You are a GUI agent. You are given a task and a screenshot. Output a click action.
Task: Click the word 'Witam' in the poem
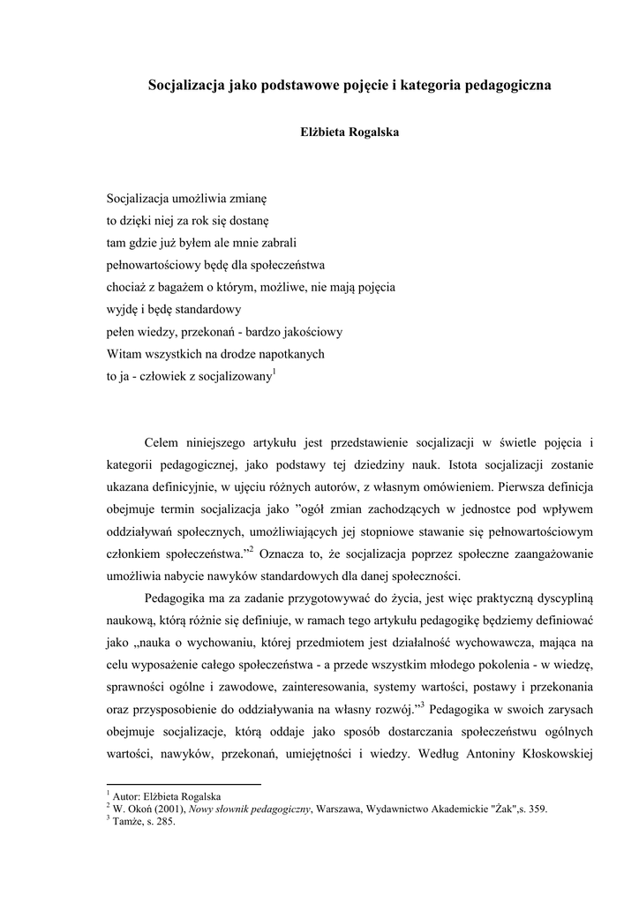[124, 353]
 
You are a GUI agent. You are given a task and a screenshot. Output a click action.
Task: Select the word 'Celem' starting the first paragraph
[162, 441]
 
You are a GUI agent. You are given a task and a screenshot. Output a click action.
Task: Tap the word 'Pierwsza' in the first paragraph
[528, 486]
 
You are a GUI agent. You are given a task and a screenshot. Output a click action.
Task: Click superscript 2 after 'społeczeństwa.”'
[251, 550]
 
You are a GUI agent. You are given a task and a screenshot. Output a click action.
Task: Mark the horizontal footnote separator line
[184, 784]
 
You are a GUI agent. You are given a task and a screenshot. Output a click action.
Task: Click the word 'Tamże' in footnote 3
[125, 820]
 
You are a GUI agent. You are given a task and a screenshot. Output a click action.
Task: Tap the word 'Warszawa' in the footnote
[341, 807]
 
